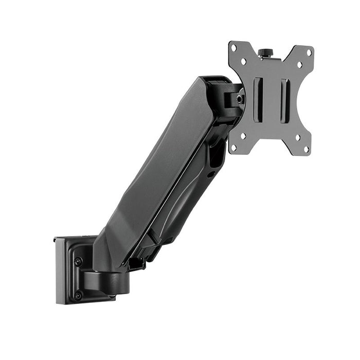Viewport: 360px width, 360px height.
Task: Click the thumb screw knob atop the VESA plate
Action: [265, 53]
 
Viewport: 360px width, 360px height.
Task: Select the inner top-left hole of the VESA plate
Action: [244, 61]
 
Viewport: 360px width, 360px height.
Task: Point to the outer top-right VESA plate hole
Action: [309, 52]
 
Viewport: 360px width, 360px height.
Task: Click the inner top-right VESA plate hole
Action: [299, 65]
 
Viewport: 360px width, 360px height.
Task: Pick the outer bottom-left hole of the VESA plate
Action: [234, 147]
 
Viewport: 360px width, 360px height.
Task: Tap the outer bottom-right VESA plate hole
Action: [307, 149]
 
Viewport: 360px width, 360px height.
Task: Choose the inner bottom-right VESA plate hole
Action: [298, 137]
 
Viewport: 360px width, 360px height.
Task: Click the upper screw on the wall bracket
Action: [78, 261]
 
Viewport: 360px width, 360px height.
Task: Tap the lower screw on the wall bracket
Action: [78, 295]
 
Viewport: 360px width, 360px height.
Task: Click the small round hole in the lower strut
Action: [211, 173]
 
